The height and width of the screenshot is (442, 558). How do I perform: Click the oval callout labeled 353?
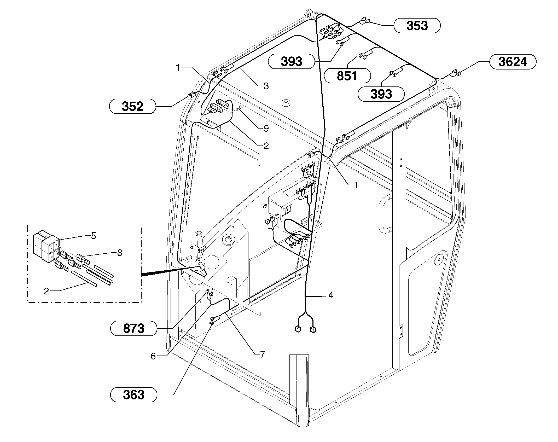tap(417, 26)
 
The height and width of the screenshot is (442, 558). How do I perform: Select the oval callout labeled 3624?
tap(513, 62)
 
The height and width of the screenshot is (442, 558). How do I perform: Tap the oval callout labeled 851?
tap(347, 76)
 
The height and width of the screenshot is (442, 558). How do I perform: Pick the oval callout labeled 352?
tap(132, 106)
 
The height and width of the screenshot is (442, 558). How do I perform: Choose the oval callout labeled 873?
tap(133, 329)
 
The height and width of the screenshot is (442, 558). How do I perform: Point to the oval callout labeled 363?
tap(133, 394)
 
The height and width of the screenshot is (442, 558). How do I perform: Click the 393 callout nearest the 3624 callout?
tap(381, 94)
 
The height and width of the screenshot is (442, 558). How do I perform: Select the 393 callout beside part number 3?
tap(291, 62)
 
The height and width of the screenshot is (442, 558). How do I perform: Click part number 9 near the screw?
tap(266, 128)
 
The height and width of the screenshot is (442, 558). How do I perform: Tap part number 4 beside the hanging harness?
tap(331, 295)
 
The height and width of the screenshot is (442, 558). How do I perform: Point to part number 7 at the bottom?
tap(262, 354)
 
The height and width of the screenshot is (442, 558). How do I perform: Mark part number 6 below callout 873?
tap(153, 356)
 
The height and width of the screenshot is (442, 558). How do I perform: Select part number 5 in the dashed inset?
tap(94, 236)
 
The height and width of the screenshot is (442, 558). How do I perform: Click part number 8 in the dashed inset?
tap(119, 253)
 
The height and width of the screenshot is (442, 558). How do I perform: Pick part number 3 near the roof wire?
tap(266, 86)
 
